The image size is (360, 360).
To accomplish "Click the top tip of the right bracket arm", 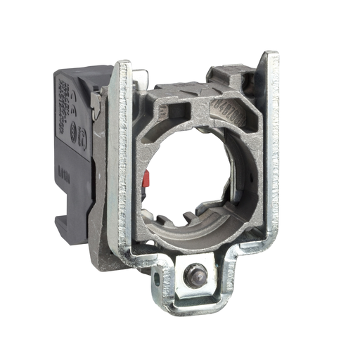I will [x=271, y=56].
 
